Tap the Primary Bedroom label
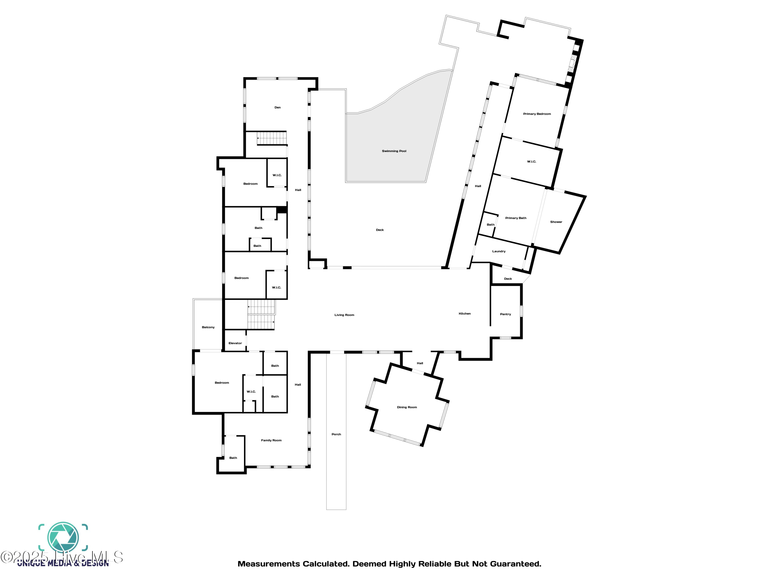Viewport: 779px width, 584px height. tap(537, 114)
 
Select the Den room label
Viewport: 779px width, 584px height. tap(278, 107)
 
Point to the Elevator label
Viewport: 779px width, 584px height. tap(235, 343)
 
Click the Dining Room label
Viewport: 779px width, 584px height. tap(407, 407)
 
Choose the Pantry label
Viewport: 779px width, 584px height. tap(505, 314)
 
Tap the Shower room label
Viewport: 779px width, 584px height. tap(556, 222)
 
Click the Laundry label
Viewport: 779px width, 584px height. tap(499, 251)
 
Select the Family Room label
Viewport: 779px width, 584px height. tap(271, 440)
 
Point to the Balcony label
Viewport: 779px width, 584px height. tap(208, 327)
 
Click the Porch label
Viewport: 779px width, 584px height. tap(336, 434)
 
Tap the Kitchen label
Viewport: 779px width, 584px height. tap(465, 314)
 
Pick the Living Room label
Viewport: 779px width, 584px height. tap(344, 315)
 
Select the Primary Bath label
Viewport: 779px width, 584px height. tap(516, 218)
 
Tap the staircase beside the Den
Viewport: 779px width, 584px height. tap(272, 138)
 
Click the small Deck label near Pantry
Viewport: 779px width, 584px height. tap(508, 279)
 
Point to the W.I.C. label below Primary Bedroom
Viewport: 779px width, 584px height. tap(532, 162)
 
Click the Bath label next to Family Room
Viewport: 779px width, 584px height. tap(233, 458)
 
